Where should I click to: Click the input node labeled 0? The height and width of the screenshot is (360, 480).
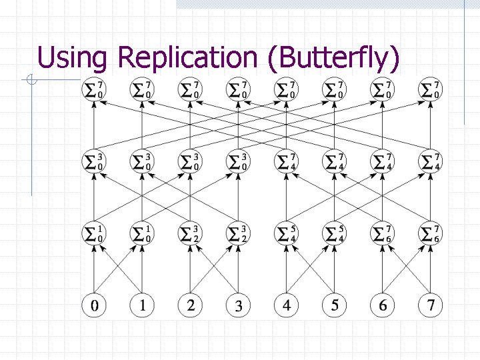tap(94, 305)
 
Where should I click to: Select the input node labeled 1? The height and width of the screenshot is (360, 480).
tap(142, 305)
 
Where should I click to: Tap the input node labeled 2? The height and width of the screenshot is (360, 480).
tap(191, 305)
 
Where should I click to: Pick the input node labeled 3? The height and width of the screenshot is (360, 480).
tap(239, 305)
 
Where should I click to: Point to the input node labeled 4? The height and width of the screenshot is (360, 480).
tap(287, 305)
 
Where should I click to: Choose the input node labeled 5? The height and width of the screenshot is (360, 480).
tap(335, 305)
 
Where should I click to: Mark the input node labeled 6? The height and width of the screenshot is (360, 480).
tap(383, 305)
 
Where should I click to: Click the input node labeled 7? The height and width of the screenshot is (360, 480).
tap(431, 305)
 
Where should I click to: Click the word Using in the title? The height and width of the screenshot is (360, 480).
tap(72, 58)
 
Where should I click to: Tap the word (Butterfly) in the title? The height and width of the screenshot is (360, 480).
tap(333, 58)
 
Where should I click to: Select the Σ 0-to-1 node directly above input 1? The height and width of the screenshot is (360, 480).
tap(142, 233)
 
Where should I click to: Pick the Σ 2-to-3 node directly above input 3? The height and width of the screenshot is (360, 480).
tap(239, 233)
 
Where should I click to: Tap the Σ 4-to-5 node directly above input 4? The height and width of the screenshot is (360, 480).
tap(287, 233)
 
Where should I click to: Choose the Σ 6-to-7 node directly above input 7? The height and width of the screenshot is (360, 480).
tap(431, 233)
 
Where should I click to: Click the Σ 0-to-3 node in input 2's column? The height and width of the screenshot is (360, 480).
tap(191, 161)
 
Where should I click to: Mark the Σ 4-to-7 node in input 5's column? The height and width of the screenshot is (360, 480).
tap(335, 161)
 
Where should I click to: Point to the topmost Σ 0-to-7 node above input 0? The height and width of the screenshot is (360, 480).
tap(94, 89)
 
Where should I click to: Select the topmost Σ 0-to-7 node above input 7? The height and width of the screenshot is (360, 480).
tap(431, 89)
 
